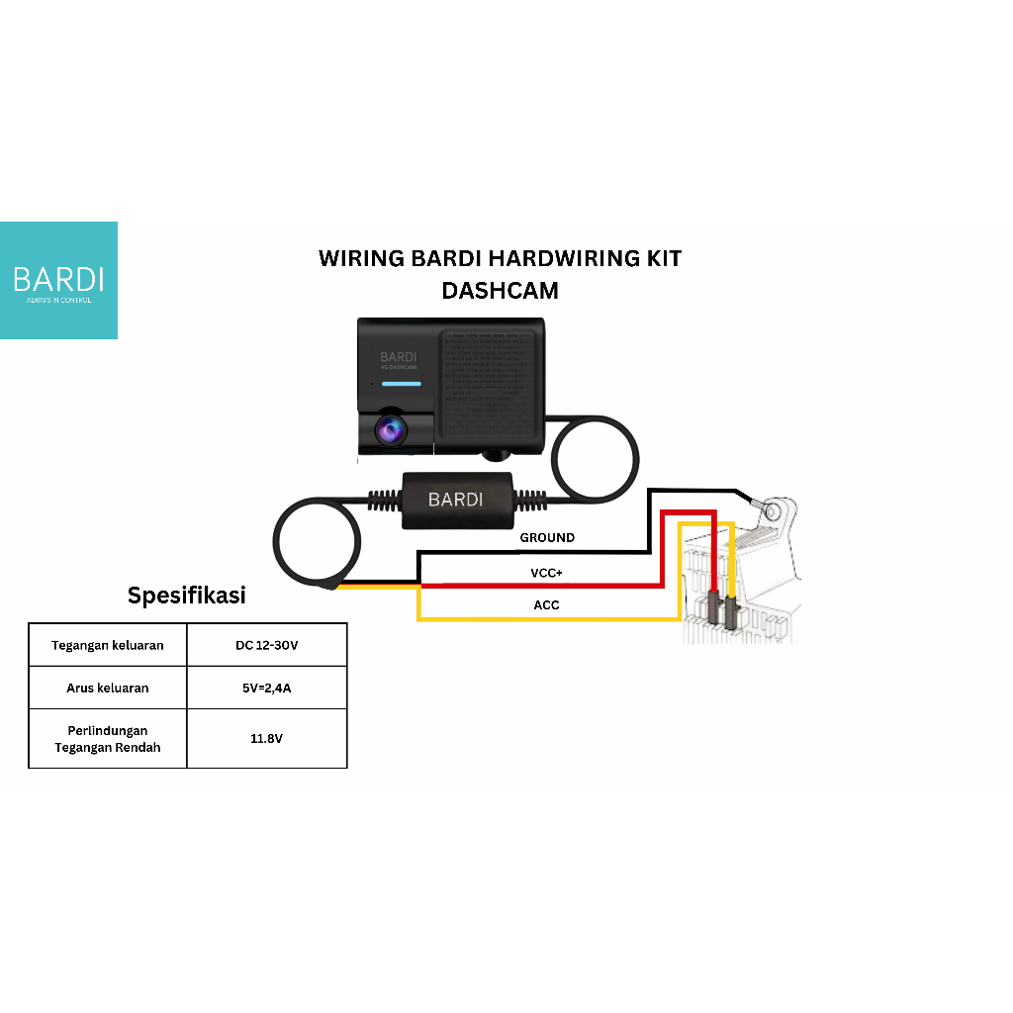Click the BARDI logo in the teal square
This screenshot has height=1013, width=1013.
[x=58, y=278]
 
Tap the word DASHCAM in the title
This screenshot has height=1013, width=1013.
[x=500, y=290]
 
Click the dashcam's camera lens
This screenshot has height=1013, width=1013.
[x=388, y=429]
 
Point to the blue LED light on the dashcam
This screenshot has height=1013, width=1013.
[x=402, y=383]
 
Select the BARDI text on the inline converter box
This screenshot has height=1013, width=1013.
[x=455, y=500]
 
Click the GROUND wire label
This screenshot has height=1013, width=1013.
[x=547, y=538]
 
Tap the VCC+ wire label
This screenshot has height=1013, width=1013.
[x=547, y=573]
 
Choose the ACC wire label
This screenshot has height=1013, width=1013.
[x=547, y=604]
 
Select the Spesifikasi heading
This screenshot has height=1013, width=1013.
[x=187, y=596]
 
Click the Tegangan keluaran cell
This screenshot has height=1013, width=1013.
[x=107, y=645]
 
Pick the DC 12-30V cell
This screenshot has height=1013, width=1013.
[x=266, y=645]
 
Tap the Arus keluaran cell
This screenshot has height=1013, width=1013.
[x=107, y=688]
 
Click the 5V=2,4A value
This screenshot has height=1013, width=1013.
[x=266, y=688]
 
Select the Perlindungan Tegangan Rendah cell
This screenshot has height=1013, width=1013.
[x=107, y=739]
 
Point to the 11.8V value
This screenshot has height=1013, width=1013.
[x=266, y=739]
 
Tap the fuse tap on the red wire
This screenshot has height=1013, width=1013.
[x=714, y=611]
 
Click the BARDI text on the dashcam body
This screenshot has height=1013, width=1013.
[x=399, y=356]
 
